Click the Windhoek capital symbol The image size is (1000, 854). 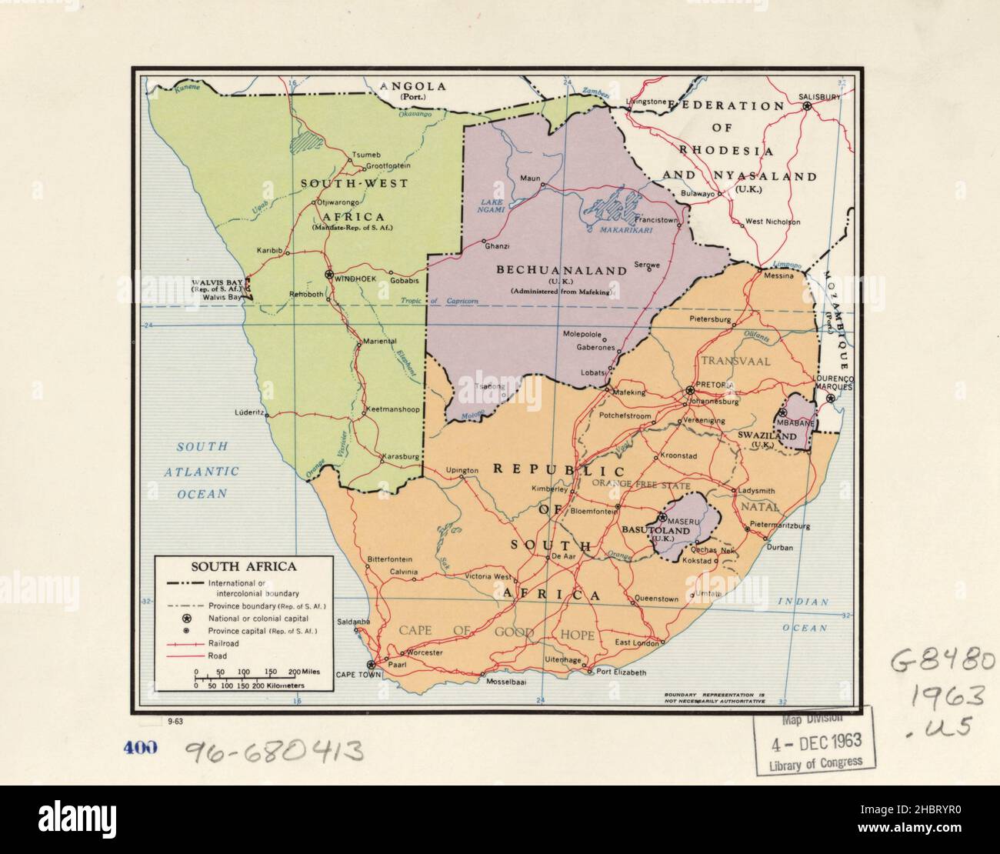(329, 275)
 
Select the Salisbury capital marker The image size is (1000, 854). (807, 106)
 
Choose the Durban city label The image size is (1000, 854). (779, 547)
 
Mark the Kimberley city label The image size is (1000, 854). (549, 489)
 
